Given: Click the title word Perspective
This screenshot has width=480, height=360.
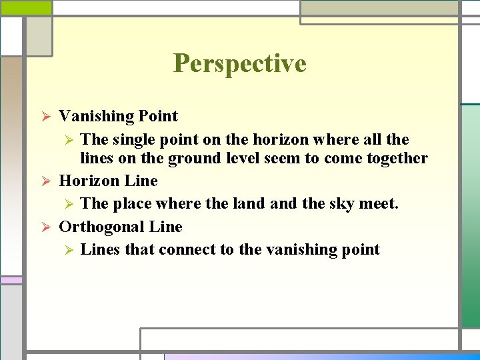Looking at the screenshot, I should pyautogui.click(x=240, y=63).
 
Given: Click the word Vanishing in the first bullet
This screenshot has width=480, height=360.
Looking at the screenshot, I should pyautogui.click(x=96, y=116).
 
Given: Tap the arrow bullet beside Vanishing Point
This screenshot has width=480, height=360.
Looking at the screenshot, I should pyautogui.click(x=45, y=117).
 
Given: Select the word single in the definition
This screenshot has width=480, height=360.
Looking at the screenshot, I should pyautogui.click(x=132, y=139).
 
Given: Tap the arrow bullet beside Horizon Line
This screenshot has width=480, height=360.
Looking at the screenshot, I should pyautogui.click(x=45, y=181).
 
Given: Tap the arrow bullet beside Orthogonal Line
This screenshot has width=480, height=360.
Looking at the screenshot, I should pyautogui.click(x=45, y=227).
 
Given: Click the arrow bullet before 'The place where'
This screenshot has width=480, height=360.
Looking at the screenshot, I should pyautogui.click(x=67, y=204).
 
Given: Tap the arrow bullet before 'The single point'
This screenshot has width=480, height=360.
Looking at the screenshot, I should pyautogui.click(x=67, y=140).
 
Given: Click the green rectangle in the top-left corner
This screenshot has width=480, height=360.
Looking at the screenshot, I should pyautogui.click(x=25, y=7).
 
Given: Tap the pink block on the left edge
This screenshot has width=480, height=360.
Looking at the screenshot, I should pyautogui.click(x=10, y=280).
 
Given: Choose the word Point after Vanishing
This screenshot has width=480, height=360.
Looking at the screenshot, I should pyautogui.click(x=158, y=116).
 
